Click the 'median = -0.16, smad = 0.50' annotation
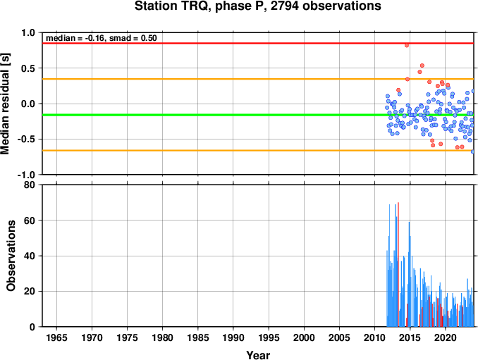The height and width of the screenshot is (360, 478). tap(102, 38)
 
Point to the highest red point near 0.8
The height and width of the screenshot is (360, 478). tap(407, 45)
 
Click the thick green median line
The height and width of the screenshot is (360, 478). tap(258, 115)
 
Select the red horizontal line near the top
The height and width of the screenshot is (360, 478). tap(258, 43)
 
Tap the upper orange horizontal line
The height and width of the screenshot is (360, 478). tap(258, 79)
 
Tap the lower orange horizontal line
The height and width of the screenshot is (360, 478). tap(258, 151)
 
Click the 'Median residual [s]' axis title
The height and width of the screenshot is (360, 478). tap(5, 104)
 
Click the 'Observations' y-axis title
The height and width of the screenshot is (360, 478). tap(11, 256)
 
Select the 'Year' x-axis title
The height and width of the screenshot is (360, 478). tap(258, 355)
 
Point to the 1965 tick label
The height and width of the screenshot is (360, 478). tap(56, 337)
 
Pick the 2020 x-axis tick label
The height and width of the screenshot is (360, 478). tap(446, 337)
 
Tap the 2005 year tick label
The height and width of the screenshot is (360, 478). tap(339, 337)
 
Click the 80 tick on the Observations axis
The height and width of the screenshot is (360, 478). tap(30, 185)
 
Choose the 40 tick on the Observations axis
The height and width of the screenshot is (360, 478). tap(30, 256)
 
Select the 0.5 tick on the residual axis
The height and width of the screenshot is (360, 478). tap(28, 68)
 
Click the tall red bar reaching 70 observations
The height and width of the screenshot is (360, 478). tap(398, 264)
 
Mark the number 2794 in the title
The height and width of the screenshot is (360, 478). tap(285, 6)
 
